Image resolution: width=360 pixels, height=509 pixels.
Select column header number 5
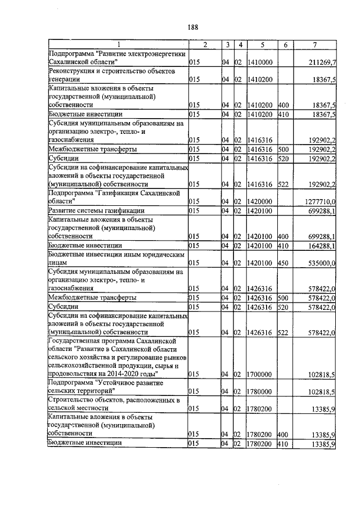click(x=262, y=44)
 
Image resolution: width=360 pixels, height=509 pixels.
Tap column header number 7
click(x=316, y=44)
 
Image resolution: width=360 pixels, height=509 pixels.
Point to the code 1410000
click(x=260, y=62)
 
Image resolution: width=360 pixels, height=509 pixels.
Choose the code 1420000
click(x=260, y=201)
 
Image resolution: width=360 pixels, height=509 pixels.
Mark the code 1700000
click(x=260, y=374)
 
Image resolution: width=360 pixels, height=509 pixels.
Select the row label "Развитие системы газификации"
click(x=89, y=210)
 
